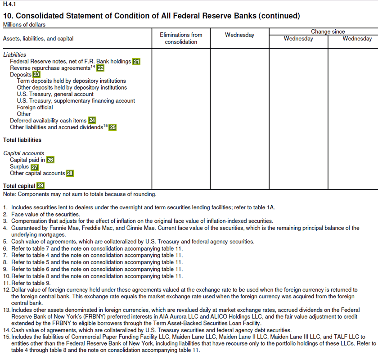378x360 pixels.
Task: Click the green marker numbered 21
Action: coord(137,62)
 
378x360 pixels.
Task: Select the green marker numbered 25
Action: coord(112,127)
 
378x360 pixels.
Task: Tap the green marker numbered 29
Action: coord(40,185)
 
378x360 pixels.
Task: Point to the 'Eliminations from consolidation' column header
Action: coord(181,38)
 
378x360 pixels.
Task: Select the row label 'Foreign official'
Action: coord(35,108)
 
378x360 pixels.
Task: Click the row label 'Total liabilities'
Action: coord(22,140)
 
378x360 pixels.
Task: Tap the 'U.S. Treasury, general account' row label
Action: coord(55,94)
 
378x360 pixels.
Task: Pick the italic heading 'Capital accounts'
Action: coord(23,153)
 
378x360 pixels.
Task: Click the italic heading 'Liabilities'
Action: coord(14,54)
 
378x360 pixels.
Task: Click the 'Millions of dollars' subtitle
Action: coord(24,24)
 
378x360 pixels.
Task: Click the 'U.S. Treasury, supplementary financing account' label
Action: coord(76,101)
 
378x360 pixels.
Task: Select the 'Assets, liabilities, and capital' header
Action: coord(38,39)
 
